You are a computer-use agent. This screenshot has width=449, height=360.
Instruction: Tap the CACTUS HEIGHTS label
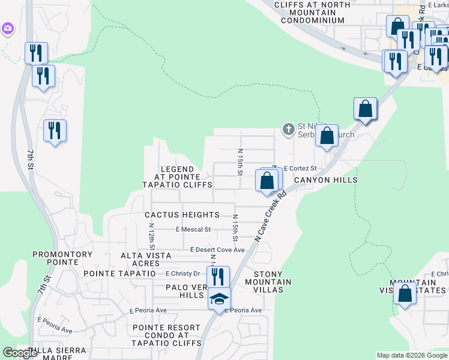click(182, 215)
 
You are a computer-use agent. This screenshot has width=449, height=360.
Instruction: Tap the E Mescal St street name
click(193, 229)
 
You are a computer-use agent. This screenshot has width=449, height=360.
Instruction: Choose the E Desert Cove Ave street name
click(217, 250)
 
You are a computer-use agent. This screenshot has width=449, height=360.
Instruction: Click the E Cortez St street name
click(300, 169)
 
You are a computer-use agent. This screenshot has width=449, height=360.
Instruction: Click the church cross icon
click(288, 128)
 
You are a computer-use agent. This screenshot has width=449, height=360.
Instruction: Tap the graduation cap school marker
click(219, 298)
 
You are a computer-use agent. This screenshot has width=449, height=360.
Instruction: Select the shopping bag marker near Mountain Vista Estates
click(405, 293)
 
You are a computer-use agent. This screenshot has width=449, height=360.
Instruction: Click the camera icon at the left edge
click(8, 28)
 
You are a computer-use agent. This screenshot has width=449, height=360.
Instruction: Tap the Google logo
click(20, 353)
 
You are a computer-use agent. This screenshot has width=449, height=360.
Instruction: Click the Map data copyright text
click(412, 355)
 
